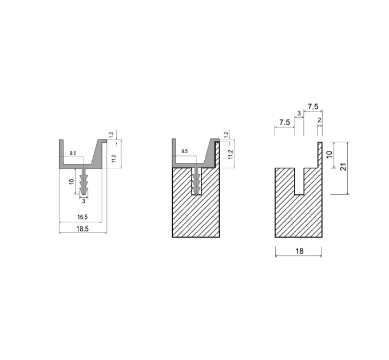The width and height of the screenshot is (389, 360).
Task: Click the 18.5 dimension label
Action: coord(82,229)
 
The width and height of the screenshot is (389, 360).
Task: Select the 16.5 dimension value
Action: coord(82,217)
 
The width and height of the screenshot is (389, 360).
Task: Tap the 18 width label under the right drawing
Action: coord(299,251)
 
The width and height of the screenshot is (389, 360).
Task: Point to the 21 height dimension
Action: coord(343,167)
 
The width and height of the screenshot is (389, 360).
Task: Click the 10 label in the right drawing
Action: coord(329,154)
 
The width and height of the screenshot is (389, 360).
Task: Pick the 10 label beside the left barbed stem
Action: coord(72,182)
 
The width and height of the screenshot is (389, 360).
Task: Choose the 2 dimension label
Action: coord(319,120)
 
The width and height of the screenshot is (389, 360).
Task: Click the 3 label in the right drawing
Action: coord(299,113)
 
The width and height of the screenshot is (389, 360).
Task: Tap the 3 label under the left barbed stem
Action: coord(84,201)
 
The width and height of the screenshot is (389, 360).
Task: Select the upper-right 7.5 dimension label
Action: coord(313,107)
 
